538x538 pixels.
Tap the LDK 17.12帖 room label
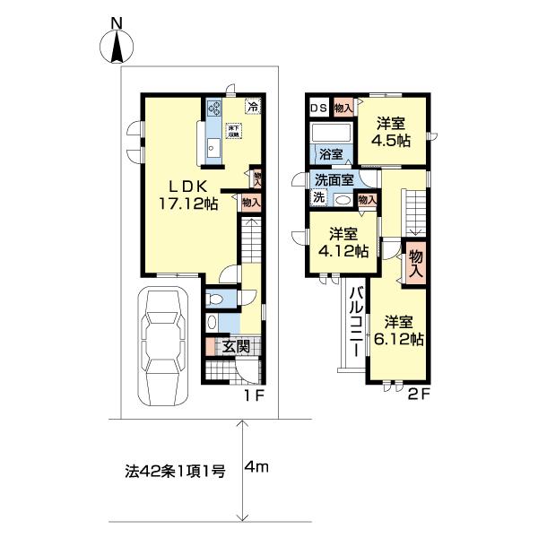tap(187, 195)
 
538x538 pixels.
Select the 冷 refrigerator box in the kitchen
tap(254, 107)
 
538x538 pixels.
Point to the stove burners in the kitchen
tap(215, 109)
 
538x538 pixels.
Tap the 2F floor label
tap(421, 394)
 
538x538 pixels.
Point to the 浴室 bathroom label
tap(331, 154)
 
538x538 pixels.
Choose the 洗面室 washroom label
tap(331, 179)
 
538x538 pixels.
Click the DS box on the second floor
tap(317, 108)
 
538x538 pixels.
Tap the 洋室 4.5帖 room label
tap(393, 132)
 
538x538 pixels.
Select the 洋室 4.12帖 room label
tap(347, 243)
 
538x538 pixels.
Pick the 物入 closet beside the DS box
tap(343, 108)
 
